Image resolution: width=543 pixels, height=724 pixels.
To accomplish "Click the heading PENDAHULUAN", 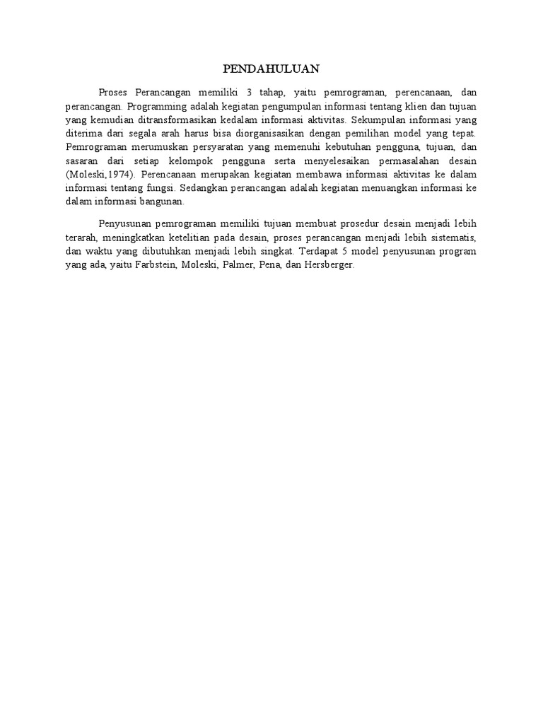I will (x=271, y=69).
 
